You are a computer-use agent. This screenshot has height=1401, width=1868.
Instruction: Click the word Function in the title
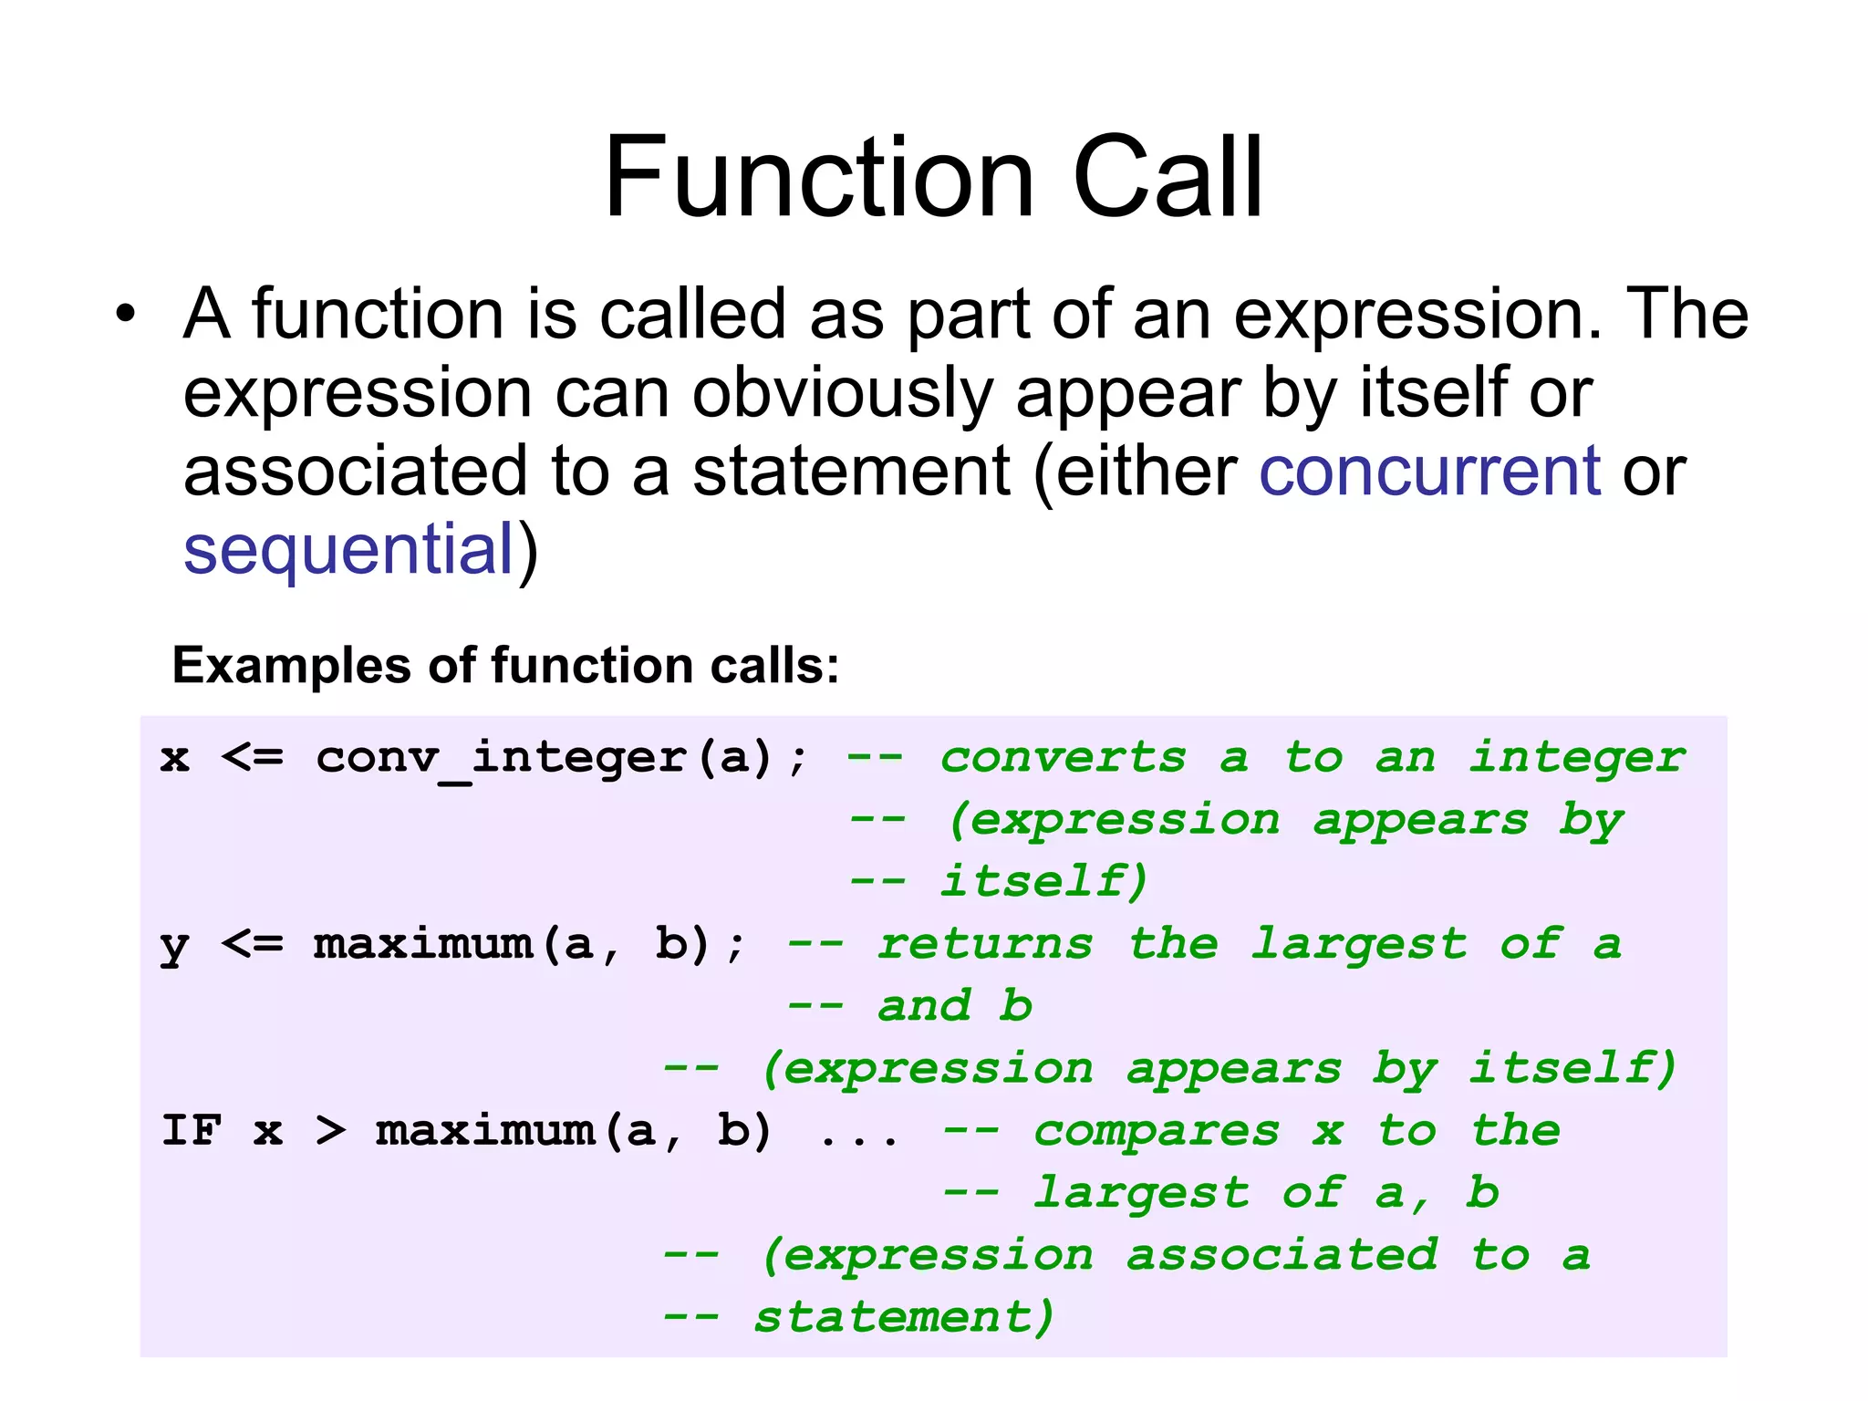(x=818, y=178)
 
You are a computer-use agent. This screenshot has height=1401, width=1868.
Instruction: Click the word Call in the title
(x=1167, y=178)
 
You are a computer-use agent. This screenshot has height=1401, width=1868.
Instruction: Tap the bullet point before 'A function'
(x=125, y=315)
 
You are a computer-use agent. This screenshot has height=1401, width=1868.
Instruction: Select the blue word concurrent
(x=1429, y=472)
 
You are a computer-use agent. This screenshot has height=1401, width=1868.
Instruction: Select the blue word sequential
(x=349, y=550)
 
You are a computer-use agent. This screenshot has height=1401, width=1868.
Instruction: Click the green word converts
(x=1064, y=758)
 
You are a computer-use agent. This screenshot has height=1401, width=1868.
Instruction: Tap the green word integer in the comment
(x=1577, y=758)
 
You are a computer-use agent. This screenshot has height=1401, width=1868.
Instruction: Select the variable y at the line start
(x=173, y=946)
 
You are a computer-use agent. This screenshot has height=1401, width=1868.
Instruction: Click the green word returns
(x=985, y=944)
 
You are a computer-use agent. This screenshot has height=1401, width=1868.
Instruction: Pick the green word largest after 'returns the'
(x=1358, y=946)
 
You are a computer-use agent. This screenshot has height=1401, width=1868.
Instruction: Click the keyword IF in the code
(x=192, y=1131)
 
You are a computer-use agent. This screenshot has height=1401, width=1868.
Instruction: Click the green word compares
(x=1157, y=1131)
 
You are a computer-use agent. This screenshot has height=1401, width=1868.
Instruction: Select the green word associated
(x=1282, y=1255)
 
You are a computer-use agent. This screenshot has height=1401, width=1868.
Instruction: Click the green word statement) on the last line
(x=903, y=1317)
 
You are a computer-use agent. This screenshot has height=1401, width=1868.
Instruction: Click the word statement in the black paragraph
(x=850, y=472)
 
